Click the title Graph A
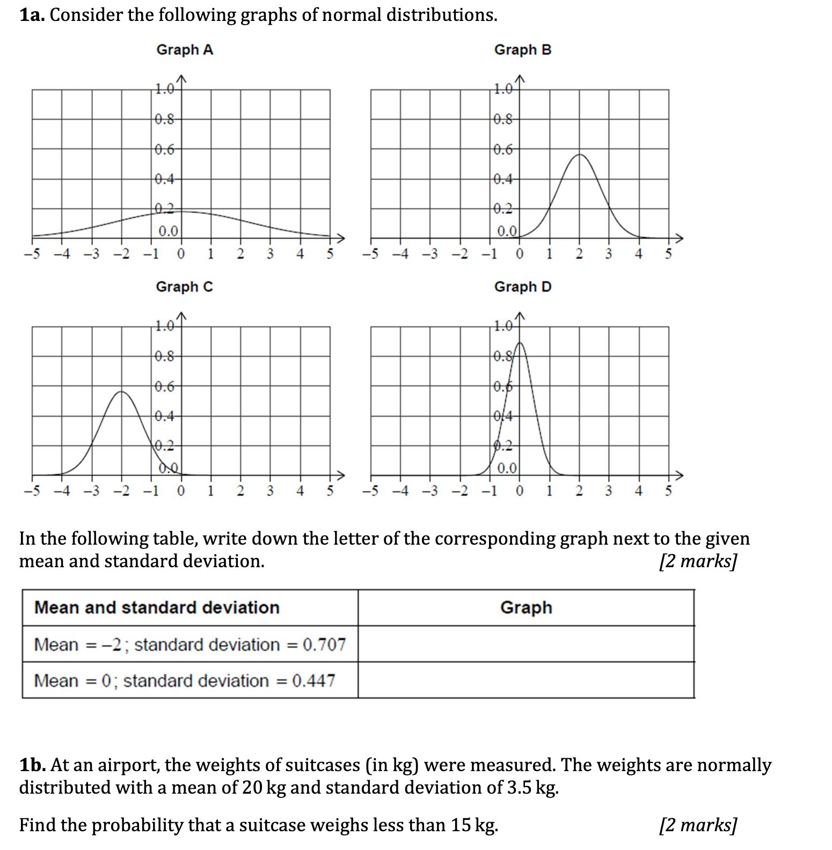click(x=185, y=50)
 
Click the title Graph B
click(x=522, y=50)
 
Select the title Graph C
click(x=184, y=287)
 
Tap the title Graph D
click(x=522, y=287)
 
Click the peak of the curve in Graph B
click(x=579, y=155)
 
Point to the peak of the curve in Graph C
click(x=122, y=392)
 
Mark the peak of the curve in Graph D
click(x=520, y=342)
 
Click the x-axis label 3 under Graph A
click(x=270, y=254)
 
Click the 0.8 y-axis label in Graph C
click(x=164, y=356)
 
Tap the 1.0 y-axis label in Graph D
click(x=503, y=326)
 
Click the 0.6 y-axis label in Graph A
click(x=164, y=150)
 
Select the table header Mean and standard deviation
click(x=157, y=607)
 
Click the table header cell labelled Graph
click(x=526, y=607)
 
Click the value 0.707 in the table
click(x=324, y=644)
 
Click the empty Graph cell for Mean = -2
click(x=526, y=644)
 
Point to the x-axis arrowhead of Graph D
click(x=680, y=475)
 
